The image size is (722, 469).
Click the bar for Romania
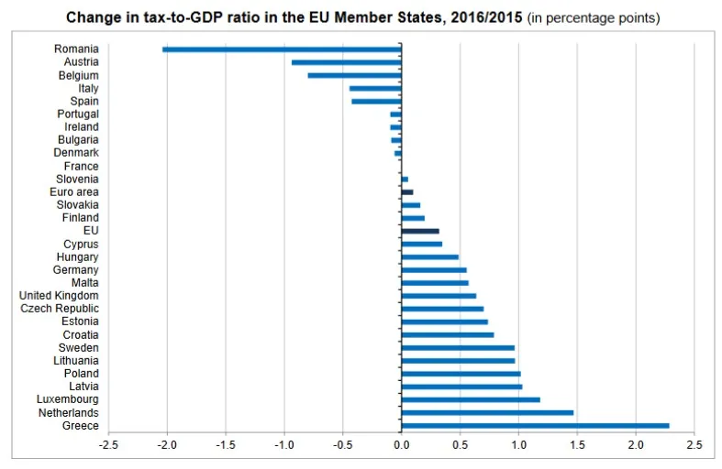click(x=282, y=49)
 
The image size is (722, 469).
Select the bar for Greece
click(x=535, y=425)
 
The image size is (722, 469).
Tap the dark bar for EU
click(x=420, y=231)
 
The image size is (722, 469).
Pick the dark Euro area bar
click(x=407, y=192)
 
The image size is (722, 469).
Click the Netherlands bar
click(x=487, y=412)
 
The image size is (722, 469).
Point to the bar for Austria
click(x=346, y=62)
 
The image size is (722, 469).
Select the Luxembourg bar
click(x=471, y=399)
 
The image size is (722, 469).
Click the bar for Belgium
click(x=354, y=75)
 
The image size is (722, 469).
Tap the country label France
click(x=81, y=166)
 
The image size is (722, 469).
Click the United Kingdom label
click(x=59, y=295)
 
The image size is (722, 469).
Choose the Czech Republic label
click(x=60, y=309)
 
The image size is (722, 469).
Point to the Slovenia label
click(x=76, y=179)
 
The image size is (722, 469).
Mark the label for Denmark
click(x=76, y=153)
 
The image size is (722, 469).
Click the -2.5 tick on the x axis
click(x=108, y=446)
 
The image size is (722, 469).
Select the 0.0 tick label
click(x=401, y=446)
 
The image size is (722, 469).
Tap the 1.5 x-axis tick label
click(x=577, y=446)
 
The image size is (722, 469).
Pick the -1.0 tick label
click(x=283, y=446)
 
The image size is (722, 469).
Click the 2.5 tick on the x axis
click(x=694, y=446)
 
